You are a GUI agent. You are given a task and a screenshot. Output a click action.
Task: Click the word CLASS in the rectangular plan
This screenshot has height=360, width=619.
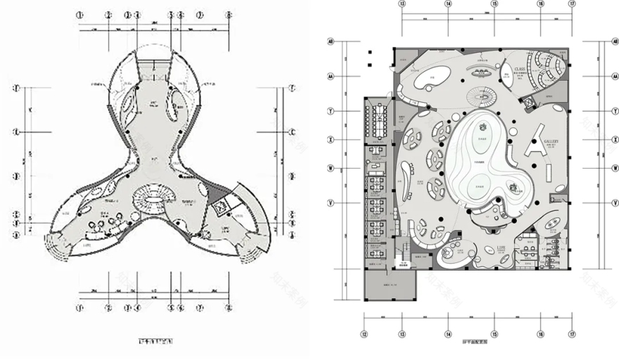tap(520, 69)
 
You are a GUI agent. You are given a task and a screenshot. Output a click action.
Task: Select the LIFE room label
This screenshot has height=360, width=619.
tap(501, 247)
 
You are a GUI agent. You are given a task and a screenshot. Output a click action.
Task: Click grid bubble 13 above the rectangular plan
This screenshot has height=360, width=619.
tap(402, 4)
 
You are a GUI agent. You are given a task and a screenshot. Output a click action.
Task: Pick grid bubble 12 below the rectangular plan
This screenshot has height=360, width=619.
tap(364, 334)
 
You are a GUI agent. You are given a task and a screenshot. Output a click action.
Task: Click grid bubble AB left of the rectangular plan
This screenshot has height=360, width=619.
tap(330, 42)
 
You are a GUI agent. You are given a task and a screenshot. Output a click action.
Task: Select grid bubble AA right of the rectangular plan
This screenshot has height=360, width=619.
tap(603, 76)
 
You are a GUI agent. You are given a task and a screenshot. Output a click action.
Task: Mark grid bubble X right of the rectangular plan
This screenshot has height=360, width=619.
tap(603, 139)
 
